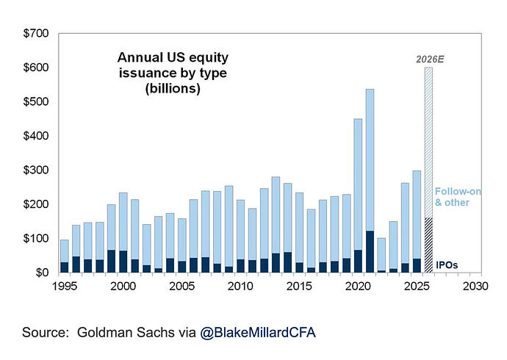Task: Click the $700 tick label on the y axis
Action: pyautogui.click(x=35, y=33)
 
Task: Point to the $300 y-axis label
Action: pyautogui.click(x=35, y=170)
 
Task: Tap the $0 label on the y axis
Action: pyautogui.click(x=42, y=273)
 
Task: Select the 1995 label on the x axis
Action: pyautogui.click(x=65, y=287)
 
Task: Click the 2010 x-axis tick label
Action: pyautogui.click(x=240, y=287)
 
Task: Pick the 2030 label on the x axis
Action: pyautogui.click(x=475, y=287)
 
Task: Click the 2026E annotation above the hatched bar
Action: pyautogui.click(x=430, y=60)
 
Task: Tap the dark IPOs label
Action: pyautogui.click(x=447, y=265)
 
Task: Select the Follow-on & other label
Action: pyautogui.click(x=458, y=197)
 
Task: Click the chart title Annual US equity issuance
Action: pyautogui.click(x=173, y=73)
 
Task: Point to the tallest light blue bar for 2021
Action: pyautogui.click(x=370, y=160)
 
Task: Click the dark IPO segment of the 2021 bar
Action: pyautogui.click(x=370, y=251)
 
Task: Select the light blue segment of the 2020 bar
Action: pyautogui.click(x=358, y=184)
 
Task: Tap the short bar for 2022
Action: pyautogui.click(x=381, y=255)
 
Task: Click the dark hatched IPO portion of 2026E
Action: pyautogui.click(x=428, y=245)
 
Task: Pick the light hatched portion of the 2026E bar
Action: pyautogui.click(x=428, y=143)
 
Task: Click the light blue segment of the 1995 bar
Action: pyautogui.click(x=65, y=251)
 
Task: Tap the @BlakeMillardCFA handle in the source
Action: pyautogui.click(x=258, y=333)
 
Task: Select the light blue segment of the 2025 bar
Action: pyautogui.click(x=417, y=215)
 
